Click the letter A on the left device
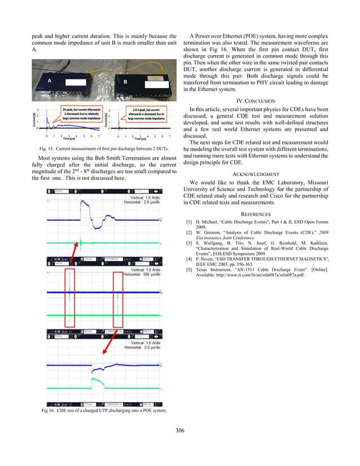pos(49,81)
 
